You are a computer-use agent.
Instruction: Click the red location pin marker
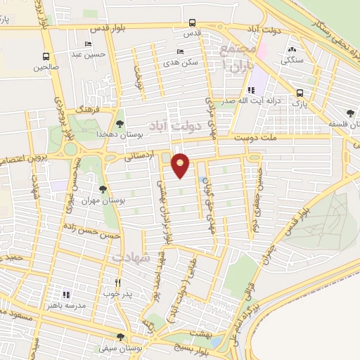(181, 164)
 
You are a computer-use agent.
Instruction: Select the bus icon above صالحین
(46, 57)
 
